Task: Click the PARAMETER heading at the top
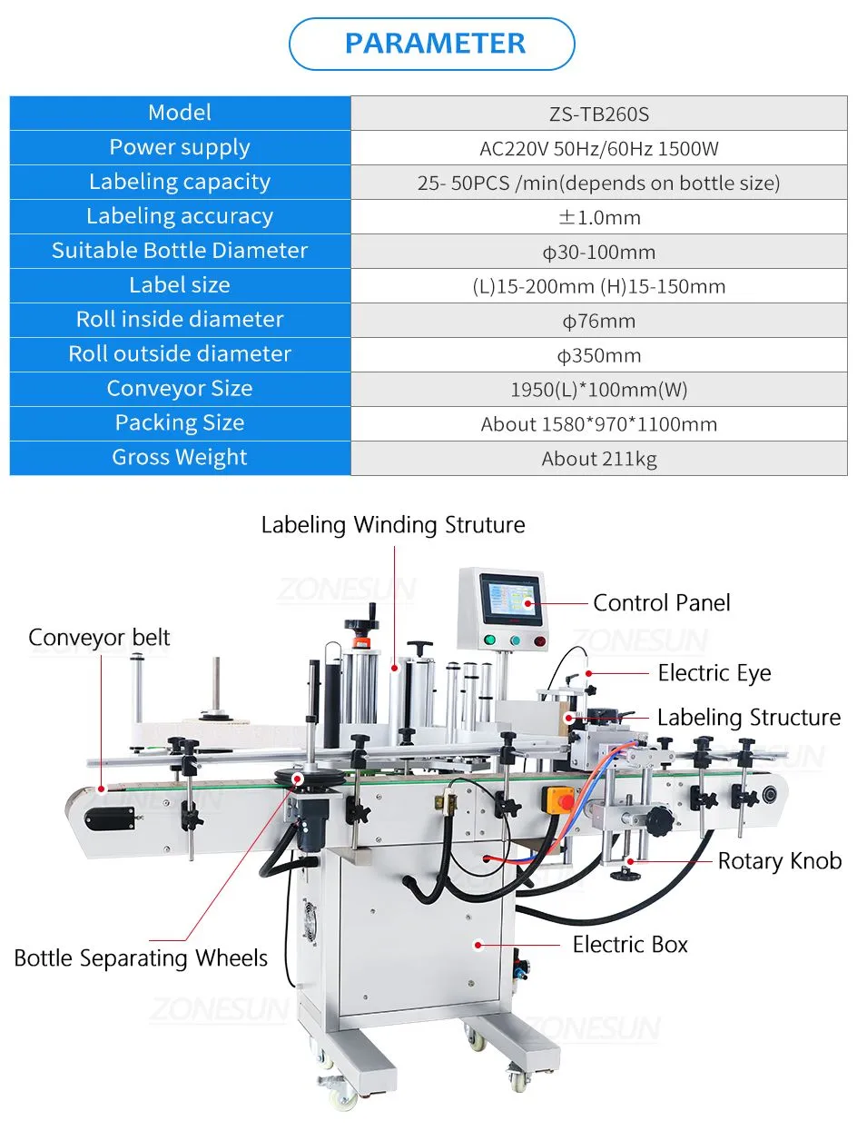[435, 43]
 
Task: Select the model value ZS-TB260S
[599, 114]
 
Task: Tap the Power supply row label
[180, 148]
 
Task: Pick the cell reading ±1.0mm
[599, 217]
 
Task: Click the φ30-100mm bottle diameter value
[599, 253]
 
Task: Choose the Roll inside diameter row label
[180, 319]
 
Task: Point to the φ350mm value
[599, 355]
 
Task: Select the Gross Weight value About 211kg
[599, 459]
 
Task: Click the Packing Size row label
[180, 423]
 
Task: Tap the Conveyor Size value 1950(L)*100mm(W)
[599, 390]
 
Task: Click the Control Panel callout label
[661, 603]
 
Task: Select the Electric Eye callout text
[714, 673]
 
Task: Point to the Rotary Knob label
[779, 861]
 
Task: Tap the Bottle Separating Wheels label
[141, 958]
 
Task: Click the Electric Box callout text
[630, 945]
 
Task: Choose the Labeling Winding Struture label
[393, 524]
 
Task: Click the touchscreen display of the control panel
[511, 600]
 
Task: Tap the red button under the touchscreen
[540, 641]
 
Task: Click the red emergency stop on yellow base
[564, 801]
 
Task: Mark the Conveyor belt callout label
[99, 638]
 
